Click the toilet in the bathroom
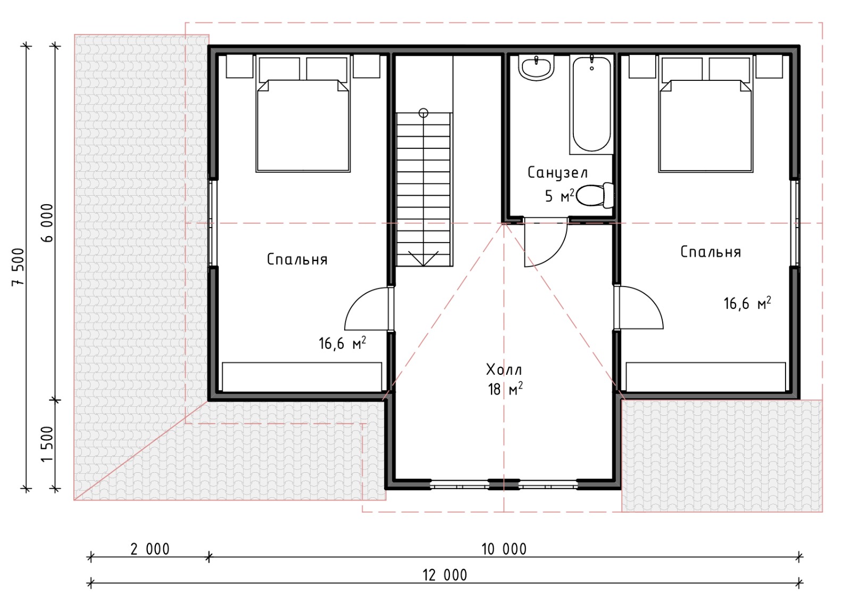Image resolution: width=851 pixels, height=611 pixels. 595,195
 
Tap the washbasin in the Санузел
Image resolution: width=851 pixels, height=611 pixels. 536,68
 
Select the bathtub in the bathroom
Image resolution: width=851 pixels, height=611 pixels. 591,104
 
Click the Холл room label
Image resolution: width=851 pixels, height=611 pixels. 504,370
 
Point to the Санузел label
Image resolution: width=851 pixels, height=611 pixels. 557,173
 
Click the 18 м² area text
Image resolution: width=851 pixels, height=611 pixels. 505,389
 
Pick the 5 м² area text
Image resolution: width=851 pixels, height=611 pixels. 559,196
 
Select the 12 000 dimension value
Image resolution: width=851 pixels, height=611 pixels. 445,575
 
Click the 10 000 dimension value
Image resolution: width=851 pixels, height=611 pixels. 504,549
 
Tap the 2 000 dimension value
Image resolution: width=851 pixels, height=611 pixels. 149,549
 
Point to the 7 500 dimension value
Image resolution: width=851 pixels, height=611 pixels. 18,267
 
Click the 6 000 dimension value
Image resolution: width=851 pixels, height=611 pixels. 48,223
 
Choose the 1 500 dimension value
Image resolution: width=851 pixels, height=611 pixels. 48,444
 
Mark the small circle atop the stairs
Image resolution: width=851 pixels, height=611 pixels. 423,113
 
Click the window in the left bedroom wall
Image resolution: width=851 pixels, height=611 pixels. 213,223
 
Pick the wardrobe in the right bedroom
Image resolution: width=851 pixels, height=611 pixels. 705,376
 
